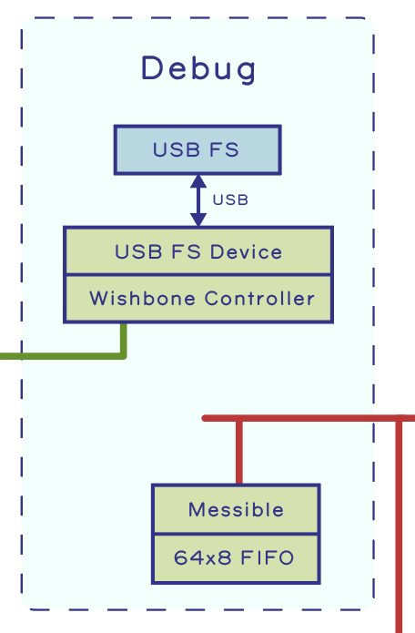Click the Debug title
pos(198,69)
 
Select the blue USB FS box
pos(197,149)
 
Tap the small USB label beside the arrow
pos(230,199)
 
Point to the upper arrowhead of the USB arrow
pos(198,181)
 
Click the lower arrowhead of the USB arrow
pos(198,220)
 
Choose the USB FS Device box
pos(198,251)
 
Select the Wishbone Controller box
pos(198,299)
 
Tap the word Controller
pos(259,299)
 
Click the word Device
pos(246,251)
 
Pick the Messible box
pos(236,509)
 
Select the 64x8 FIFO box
pos(236,558)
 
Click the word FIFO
pos(267,558)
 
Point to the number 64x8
pos(202,558)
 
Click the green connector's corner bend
pos(124,355)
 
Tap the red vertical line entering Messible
pos(239,452)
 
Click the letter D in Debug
pos(153,67)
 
